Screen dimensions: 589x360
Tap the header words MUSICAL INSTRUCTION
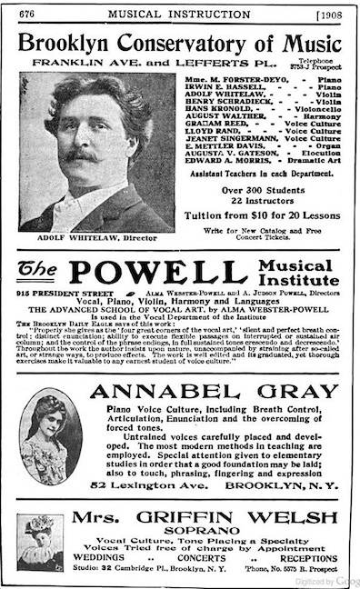(179, 14)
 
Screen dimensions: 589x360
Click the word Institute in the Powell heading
(307, 282)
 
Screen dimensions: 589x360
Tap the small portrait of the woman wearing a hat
(43, 541)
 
